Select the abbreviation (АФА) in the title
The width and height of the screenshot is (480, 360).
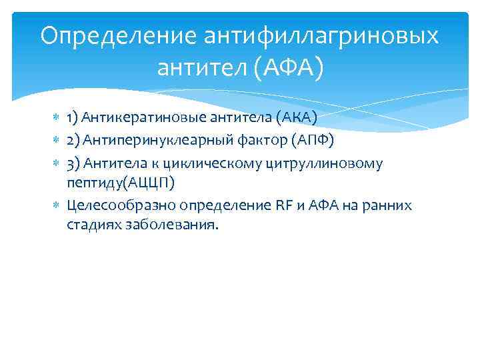[x=287, y=67]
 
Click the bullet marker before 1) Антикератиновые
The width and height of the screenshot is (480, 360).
[x=56, y=119]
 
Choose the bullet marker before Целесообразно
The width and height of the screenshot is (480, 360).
[x=56, y=205]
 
